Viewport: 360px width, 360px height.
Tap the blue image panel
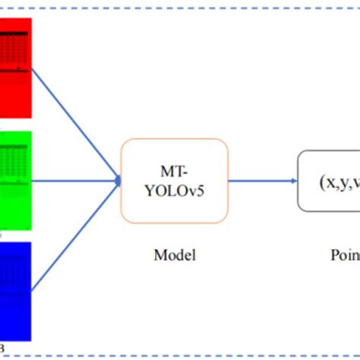[x=14, y=289]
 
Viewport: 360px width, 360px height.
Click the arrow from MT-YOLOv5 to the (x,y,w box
[x=262, y=181]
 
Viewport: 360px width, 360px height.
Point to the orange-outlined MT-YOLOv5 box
[x=174, y=181]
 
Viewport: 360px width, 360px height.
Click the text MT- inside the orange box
[x=174, y=170]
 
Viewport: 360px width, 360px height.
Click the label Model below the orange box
[x=174, y=255]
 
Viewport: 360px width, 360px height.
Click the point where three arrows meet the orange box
[x=118, y=181]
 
